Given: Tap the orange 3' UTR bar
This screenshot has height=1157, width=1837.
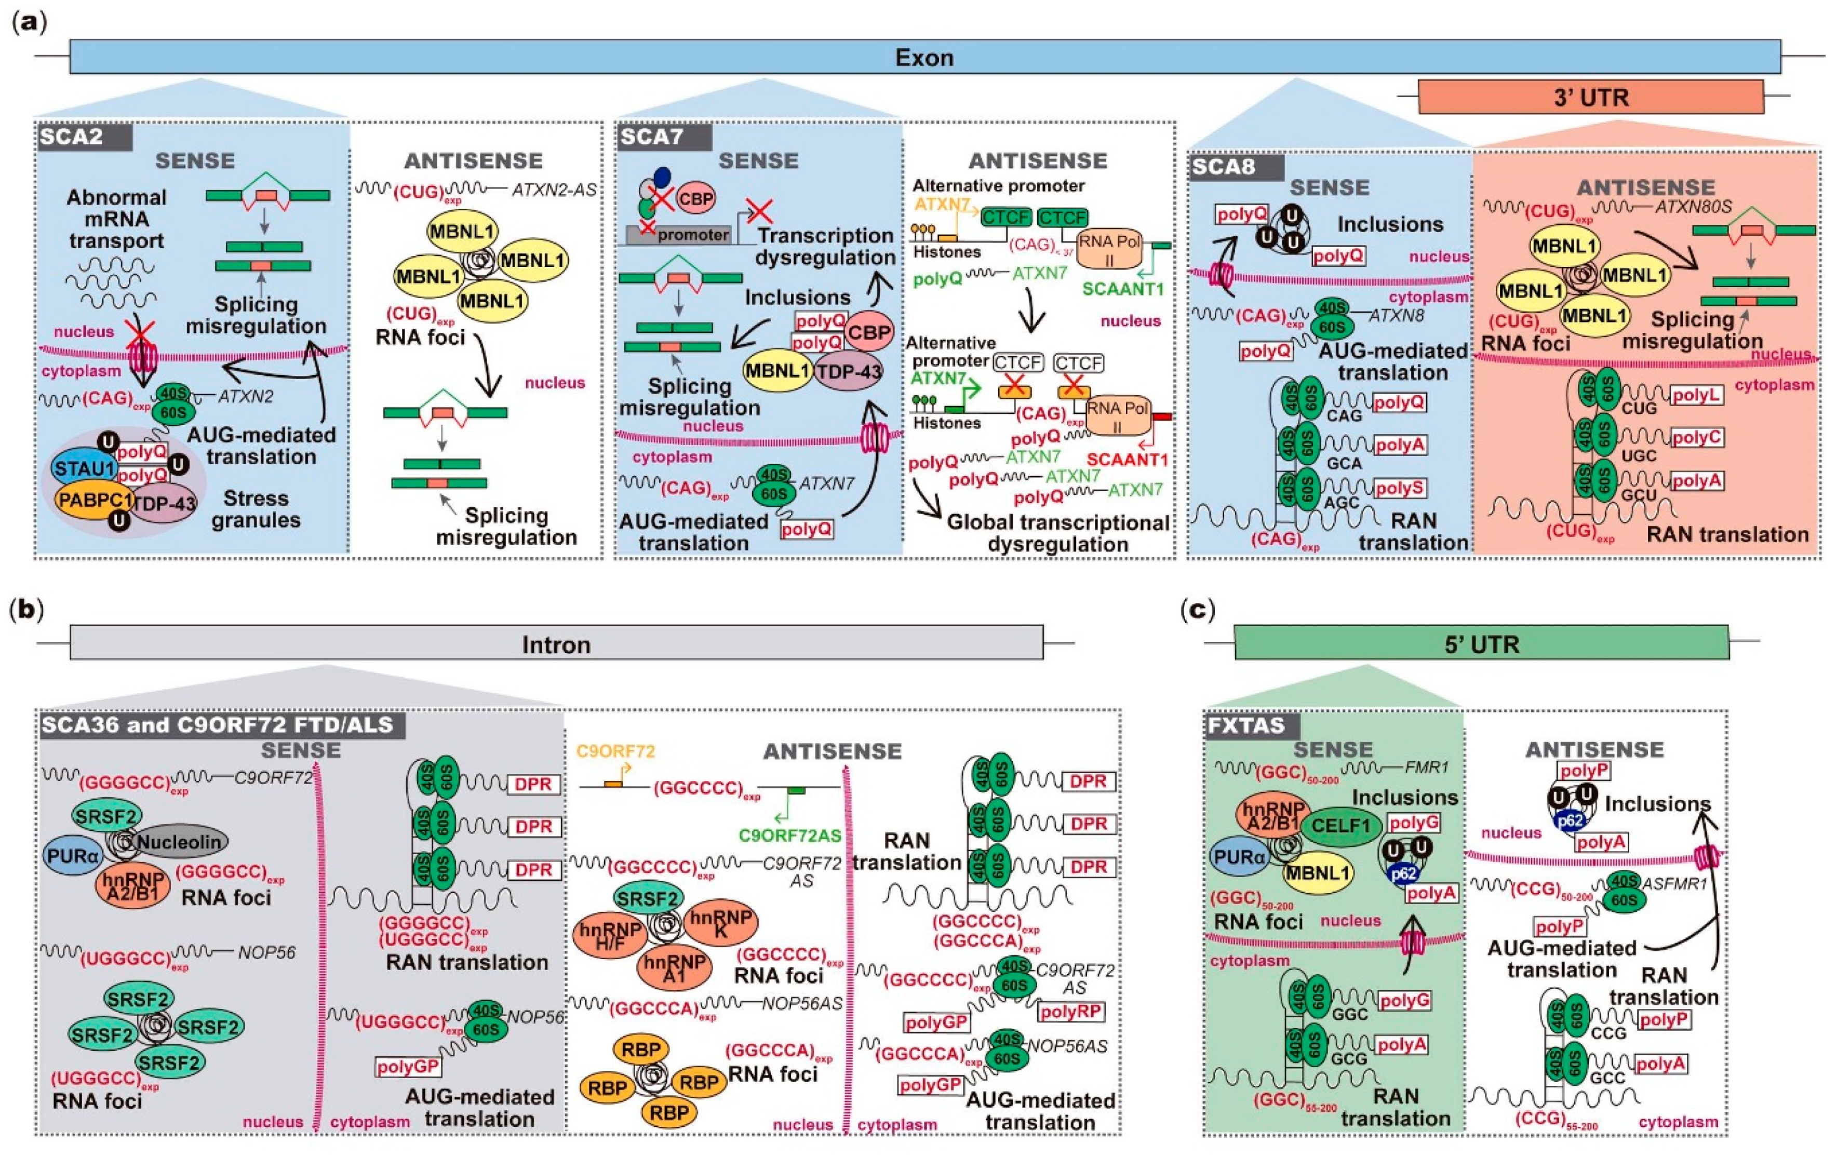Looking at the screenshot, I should click(1591, 98).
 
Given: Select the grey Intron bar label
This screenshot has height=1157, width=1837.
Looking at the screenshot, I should click(556, 644).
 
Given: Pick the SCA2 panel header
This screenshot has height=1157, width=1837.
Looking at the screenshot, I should click(84, 137).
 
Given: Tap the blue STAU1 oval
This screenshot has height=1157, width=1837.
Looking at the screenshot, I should click(83, 468).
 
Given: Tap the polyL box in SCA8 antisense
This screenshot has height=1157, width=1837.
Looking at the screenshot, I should click(1697, 395).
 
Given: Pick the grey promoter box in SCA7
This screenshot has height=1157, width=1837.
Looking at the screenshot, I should click(683, 235).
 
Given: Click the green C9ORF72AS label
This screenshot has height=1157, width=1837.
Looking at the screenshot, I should click(789, 835).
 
